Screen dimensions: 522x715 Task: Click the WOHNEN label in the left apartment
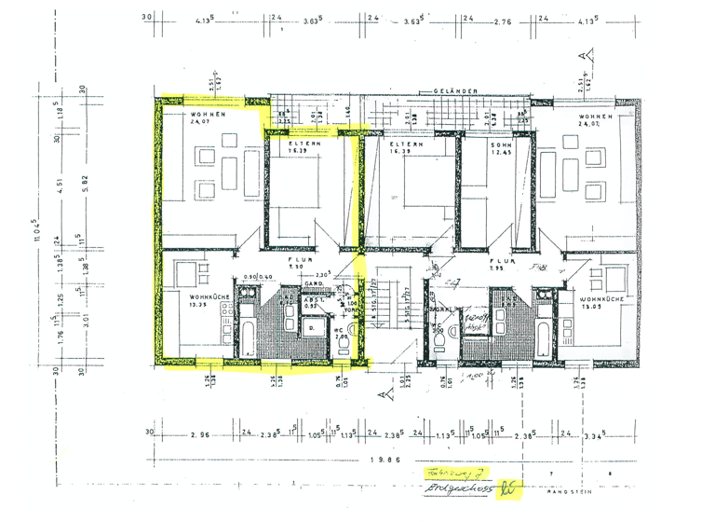pos(177,115)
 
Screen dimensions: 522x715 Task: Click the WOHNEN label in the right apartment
pos(594,116)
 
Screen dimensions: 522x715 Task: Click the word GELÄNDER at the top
pos(455,90)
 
